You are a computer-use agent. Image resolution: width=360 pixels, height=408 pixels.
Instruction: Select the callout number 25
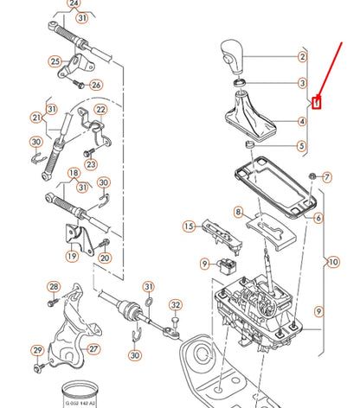tap(55, 61)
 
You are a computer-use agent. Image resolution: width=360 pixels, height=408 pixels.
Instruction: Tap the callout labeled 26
tap(95, 85)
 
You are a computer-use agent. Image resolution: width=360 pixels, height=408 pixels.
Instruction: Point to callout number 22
tap(100, 110)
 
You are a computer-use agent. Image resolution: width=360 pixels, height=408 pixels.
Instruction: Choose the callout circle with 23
tap(92, 164)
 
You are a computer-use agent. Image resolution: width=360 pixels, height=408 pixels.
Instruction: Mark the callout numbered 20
tap(105, 257)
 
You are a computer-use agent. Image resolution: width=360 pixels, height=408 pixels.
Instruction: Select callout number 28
tap(54, 287)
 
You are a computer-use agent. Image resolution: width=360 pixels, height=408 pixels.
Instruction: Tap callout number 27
tap(93, 349)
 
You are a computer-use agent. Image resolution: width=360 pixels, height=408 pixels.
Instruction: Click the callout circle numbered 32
tap(176, 304)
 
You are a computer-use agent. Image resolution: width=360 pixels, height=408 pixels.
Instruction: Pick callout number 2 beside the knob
tap(302, 58)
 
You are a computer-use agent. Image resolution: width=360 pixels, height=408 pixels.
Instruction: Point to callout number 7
tap(326, 177)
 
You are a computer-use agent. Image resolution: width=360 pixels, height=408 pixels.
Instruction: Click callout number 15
tap(188, 226)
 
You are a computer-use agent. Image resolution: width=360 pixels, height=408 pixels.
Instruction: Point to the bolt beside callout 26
tap(79, 85)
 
